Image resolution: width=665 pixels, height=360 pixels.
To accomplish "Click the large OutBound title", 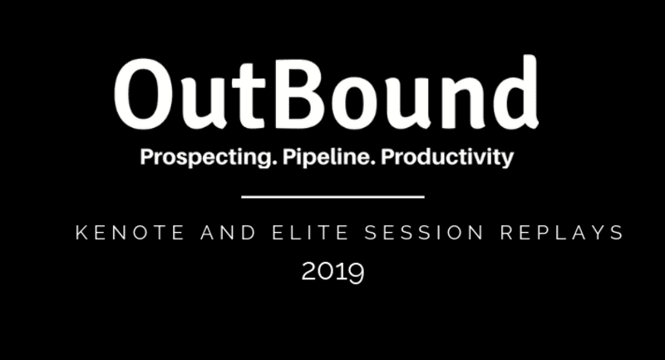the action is [326, 93].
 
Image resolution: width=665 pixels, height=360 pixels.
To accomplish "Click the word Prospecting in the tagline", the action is [205, 158].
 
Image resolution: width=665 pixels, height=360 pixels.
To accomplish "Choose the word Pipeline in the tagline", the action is [329, 158].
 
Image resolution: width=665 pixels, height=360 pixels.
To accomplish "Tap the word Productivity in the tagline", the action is [447, 158].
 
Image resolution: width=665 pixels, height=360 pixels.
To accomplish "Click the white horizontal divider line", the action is [333, 197].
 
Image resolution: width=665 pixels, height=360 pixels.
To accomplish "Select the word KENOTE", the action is [131, 232].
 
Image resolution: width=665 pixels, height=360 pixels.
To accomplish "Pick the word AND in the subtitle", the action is [229, 232].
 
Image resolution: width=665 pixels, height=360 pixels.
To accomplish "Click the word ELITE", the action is [310, 232].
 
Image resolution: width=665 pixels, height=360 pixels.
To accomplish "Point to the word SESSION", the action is [424, 232].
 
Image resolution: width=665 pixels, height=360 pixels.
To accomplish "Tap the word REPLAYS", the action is [562, 232].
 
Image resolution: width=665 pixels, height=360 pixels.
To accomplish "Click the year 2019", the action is [333, 272].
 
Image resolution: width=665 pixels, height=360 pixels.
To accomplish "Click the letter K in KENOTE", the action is [81, 233].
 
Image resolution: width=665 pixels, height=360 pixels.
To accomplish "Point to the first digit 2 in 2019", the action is [308, 271].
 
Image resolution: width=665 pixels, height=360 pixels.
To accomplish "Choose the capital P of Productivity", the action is [388, 156].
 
